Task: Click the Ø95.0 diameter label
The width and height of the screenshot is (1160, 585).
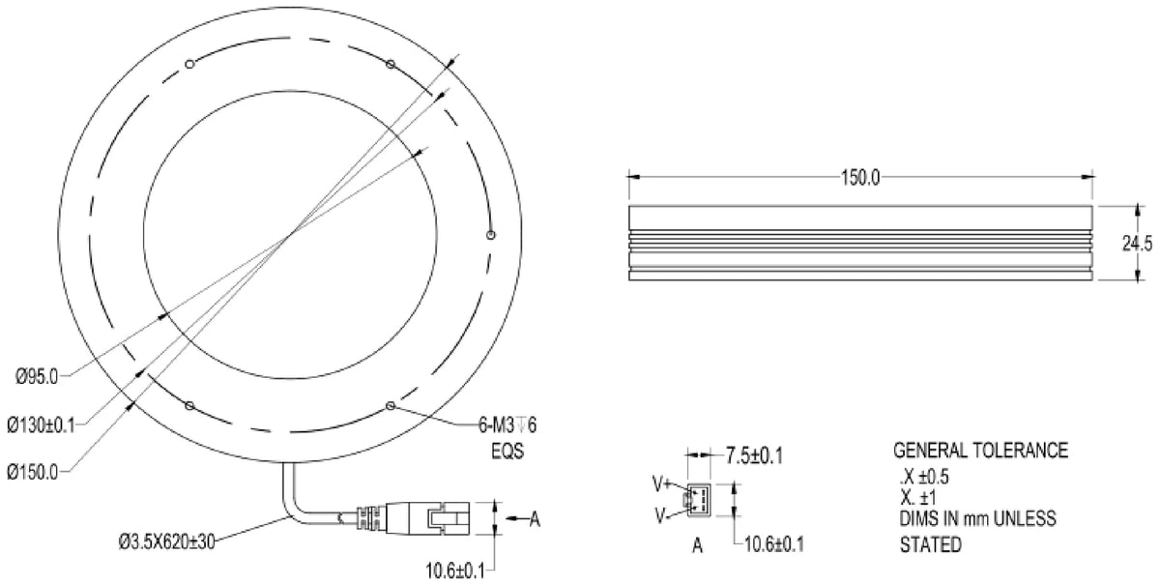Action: click(37, 377)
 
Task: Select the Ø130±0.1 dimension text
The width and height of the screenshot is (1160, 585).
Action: click(41, 425)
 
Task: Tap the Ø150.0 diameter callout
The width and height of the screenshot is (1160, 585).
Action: click(33, 473)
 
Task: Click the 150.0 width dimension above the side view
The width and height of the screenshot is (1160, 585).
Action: click(860, 178)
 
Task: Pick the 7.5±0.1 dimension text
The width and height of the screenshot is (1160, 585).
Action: click(754, 455)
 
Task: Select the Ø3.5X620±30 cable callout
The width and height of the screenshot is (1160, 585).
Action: click(166, 542)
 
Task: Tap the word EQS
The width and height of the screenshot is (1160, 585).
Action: click(507, 452)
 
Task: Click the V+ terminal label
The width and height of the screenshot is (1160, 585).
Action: click(661, 484)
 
